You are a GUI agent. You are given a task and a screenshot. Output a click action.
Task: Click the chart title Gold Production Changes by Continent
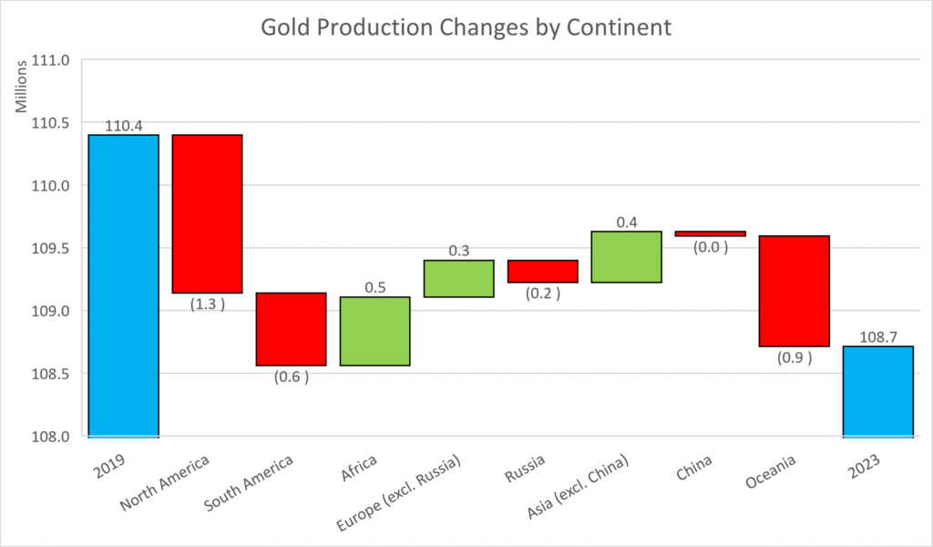(466, 27)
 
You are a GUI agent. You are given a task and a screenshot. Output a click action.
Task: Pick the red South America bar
(291, 328)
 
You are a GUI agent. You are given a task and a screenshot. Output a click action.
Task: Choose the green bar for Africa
(374, 331)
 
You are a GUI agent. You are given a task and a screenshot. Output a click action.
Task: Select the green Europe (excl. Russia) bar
(458, 278)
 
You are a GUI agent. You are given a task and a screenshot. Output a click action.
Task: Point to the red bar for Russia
(542, 271)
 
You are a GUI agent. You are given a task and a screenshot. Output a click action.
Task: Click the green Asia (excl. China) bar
(626, 256)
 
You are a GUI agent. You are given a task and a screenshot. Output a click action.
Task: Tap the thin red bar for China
(710, 233)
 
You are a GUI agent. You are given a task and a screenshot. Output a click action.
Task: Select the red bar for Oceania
(794, 291)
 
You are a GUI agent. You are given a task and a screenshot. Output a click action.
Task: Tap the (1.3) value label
(207, 304)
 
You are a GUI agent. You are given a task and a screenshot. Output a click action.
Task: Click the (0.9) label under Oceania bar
(794, 357)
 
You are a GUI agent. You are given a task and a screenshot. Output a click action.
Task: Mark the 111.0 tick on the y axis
(51, 60)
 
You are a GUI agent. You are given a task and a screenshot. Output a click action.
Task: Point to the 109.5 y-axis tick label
(51, 248)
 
